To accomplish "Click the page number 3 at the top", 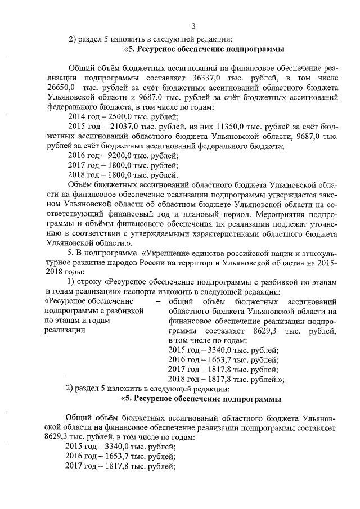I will click(x=193, y=26).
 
